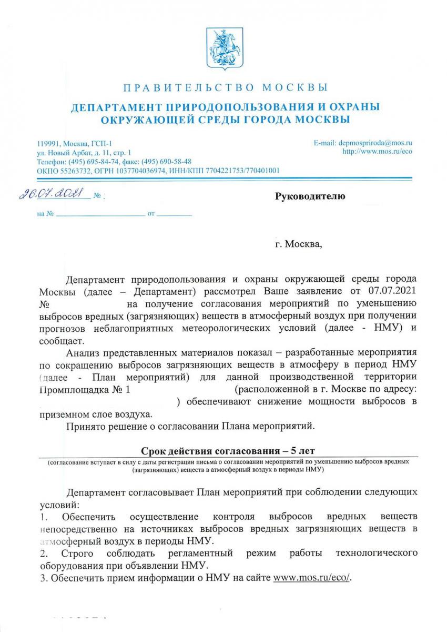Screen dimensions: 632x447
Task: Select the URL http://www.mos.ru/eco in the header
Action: coord(377,152)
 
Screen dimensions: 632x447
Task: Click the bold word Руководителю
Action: coord(310,197)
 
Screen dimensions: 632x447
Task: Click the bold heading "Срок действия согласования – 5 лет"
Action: coord(225,451)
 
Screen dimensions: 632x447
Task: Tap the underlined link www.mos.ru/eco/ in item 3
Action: coord(311,577)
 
